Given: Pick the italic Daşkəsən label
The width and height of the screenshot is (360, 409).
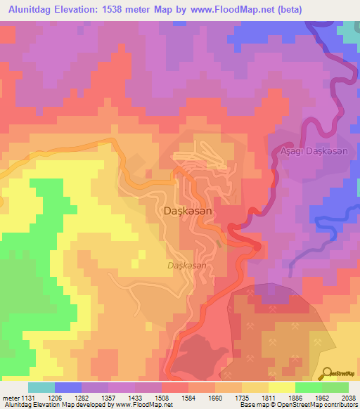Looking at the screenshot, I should [187, 265].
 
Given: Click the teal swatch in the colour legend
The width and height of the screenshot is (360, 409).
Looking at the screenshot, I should [41, 387].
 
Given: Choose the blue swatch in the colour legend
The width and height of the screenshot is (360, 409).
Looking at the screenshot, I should [67, 387].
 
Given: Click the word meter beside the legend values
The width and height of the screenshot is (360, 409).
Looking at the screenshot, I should [9, 397].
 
